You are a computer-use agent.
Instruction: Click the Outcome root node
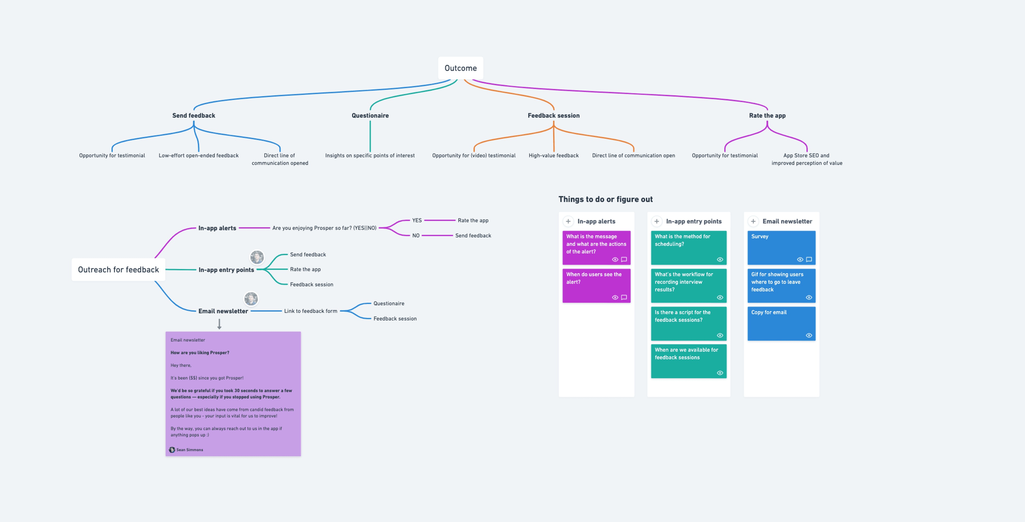460,68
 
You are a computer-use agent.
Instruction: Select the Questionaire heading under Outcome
370,115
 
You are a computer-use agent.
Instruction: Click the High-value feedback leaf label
554,155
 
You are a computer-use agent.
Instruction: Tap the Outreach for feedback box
118,270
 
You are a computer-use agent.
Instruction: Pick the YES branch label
417,220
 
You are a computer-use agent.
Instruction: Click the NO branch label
416,235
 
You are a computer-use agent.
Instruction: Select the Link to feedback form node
310,311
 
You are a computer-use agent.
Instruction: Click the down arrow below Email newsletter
219,324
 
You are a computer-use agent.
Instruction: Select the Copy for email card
781,323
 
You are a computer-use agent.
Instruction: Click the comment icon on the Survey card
809,260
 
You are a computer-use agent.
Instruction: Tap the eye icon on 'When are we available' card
720,373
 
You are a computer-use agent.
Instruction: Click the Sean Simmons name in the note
190,450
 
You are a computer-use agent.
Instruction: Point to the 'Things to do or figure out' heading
605,199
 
